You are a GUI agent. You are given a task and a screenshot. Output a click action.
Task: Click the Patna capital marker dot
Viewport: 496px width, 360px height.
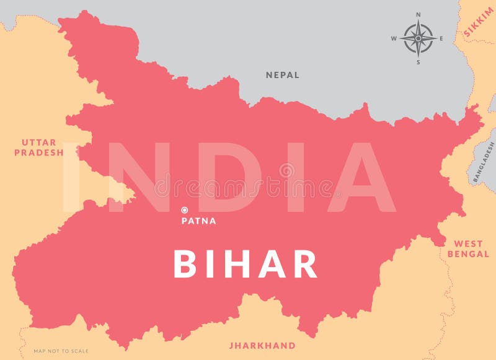coord(184,210)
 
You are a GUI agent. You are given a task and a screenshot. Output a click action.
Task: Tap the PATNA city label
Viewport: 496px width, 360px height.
coord(198,221)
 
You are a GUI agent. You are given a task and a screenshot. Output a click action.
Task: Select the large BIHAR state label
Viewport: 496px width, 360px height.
coord(246,264)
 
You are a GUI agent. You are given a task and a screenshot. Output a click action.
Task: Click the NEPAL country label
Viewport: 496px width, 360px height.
coord(283,75)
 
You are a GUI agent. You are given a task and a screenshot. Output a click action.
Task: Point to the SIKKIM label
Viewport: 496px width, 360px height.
coord(479,27)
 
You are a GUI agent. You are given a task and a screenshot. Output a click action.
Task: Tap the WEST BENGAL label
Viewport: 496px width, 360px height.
coord(468,249)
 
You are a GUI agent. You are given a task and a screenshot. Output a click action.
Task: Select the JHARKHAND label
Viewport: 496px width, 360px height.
coord(262,345)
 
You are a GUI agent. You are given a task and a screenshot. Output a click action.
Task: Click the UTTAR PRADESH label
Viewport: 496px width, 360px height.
coord(39,147)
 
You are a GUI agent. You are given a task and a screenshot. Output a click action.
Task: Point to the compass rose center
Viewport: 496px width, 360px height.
coord(418,38)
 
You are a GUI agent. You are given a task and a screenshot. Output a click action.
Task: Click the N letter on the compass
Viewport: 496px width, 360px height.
coord(418,14)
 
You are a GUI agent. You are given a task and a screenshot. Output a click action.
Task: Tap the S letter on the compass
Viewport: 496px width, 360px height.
coord(418,61)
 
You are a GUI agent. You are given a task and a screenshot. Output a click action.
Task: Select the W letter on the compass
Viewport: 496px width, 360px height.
coord(394,38)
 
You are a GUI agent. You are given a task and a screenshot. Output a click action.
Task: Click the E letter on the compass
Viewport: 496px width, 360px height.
coord(441,38)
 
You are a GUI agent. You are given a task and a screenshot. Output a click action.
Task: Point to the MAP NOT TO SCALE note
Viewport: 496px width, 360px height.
coord(61,351)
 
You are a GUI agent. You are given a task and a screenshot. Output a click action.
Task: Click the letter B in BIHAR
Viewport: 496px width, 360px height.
coord(185,264)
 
